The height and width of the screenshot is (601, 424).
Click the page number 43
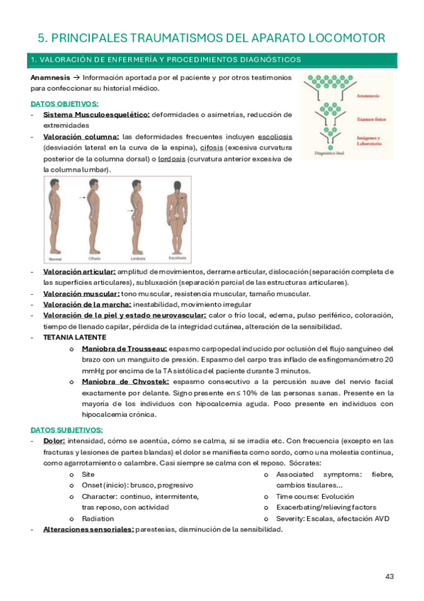point(389,575)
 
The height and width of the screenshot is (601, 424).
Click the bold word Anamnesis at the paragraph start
point(50,77)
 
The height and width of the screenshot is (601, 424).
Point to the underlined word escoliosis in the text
point(272,136)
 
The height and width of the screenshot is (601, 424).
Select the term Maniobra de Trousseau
point(124,349)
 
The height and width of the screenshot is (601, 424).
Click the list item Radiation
point(98,518)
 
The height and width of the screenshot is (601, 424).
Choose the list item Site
point(88,473)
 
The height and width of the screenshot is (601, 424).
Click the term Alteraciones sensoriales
point(88,529)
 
